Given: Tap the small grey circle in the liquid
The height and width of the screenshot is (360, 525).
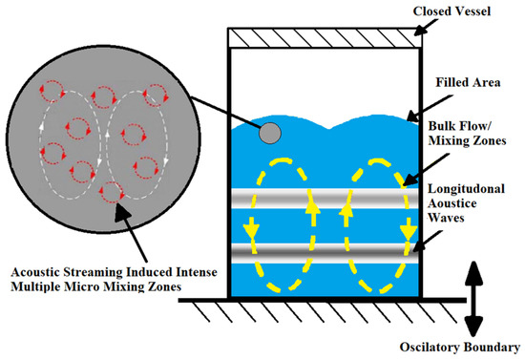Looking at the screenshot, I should click(270, 133).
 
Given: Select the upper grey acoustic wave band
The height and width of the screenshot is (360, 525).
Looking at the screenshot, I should click(325, 197).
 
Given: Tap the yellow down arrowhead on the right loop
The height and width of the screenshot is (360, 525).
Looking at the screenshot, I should click(408, 232).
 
